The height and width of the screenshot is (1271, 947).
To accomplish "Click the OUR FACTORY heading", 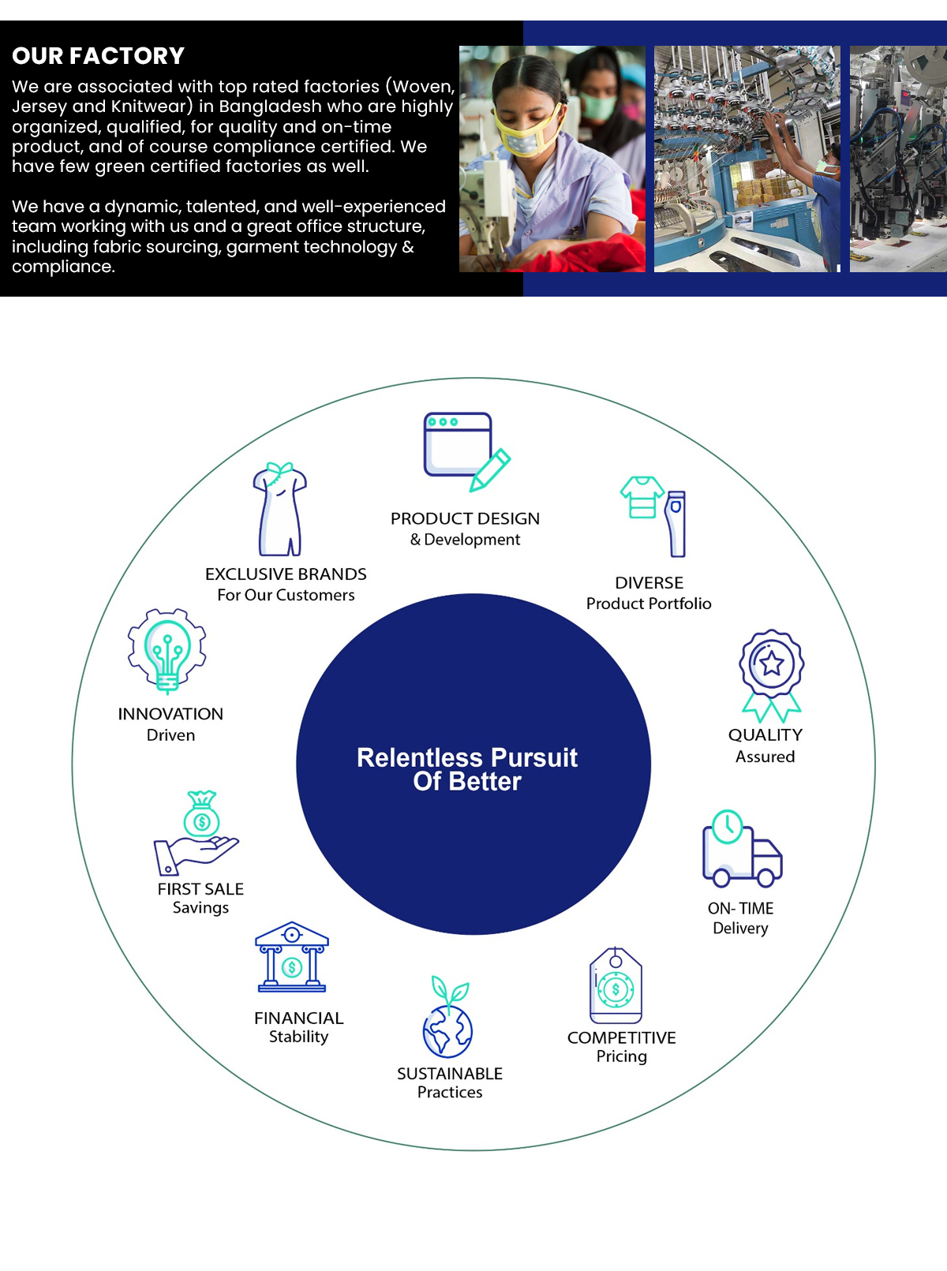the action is tap(98, 56).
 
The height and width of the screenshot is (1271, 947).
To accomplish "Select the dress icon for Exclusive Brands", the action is tap(279, 509).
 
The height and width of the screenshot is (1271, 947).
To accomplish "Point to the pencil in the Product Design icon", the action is tap(490, 470).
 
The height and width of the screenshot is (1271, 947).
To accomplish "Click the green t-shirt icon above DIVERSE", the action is tap(642, 497).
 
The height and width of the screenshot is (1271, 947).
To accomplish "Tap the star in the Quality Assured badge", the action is tap(772, 664).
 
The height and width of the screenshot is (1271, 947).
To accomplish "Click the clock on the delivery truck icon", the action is tap(728, 826).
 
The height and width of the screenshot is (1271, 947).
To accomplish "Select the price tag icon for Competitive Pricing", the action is tap(616, 985).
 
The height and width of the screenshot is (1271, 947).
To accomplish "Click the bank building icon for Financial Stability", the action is tap(292, 956).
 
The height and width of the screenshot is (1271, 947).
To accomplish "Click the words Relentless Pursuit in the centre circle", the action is tap(467, 757).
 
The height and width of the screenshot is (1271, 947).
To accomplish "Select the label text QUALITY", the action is tap(765, 735).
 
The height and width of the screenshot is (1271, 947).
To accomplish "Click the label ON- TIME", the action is tap(740, 908).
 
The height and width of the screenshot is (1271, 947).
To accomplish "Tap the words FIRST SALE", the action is tap(200, 889).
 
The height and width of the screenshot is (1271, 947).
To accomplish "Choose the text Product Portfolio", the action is tap(649, 604).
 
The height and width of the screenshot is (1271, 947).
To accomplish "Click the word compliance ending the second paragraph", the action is tap(63, 267).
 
